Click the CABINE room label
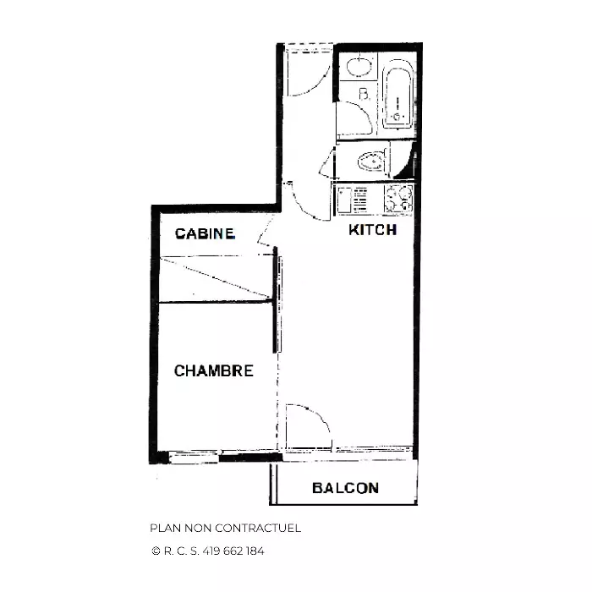coord(205,233)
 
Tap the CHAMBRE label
coord(214,370)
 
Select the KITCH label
coord(373,229)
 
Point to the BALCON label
coord(345,488)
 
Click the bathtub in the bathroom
coord(397,98)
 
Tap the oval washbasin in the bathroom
coord(359,67)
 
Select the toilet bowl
coord(372,162)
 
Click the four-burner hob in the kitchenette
coord(398,199)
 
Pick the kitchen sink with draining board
coord(353,200)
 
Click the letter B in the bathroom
coord(364,94)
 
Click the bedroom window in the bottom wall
coord(194,457)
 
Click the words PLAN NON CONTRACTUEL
coord(226,528)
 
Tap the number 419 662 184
coord(233,551)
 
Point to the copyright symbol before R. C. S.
coord(156,551)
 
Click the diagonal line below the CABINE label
coord(216,277)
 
